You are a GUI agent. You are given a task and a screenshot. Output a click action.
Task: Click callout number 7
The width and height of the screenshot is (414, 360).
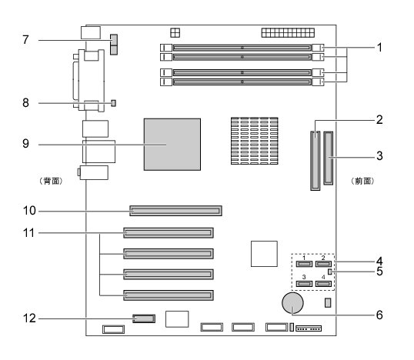[x=25, y=40]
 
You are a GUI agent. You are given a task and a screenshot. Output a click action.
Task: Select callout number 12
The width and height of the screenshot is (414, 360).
[x=29, y=318]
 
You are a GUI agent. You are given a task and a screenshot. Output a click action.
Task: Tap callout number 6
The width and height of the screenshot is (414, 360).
[x=379, y=315]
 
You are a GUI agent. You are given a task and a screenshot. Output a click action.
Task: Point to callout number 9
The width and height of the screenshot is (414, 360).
[x=25, y=144]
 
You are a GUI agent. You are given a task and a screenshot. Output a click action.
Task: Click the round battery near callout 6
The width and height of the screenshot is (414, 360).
[x=292, y=303]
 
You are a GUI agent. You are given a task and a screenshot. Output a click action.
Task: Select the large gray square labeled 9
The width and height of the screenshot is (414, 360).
[x=172, y=145]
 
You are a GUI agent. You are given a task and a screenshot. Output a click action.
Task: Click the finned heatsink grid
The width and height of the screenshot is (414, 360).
[x=255, y=141]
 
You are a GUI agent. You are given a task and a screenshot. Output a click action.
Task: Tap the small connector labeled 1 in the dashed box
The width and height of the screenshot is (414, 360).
[x=304, y=264]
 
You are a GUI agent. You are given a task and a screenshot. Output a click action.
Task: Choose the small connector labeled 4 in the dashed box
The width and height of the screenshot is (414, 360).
[x=323, y=284]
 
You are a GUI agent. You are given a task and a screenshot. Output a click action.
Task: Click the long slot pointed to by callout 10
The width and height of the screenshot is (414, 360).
[x=176, y=211]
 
